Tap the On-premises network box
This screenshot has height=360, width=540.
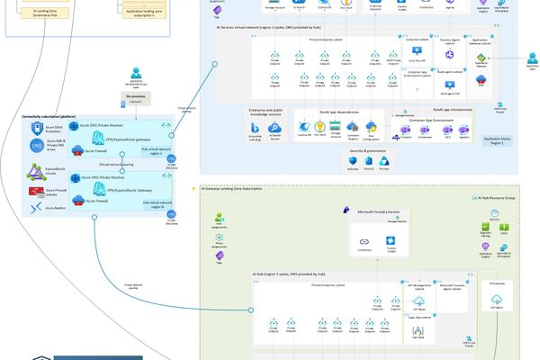click(134, 100)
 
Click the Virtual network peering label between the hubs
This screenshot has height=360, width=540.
click(115, 165)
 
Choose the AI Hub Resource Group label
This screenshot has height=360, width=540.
click(499, 197)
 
